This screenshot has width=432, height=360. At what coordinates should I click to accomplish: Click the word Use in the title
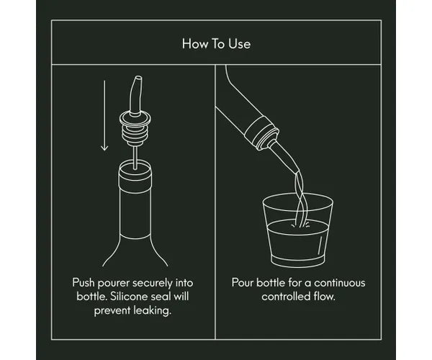[240, 44]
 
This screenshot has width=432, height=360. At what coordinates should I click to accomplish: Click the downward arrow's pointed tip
[104, 150]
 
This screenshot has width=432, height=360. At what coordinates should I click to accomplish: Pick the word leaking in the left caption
[153, 311]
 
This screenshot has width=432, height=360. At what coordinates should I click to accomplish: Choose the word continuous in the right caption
[339, 283]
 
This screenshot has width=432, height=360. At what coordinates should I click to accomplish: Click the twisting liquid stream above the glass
[300, 198]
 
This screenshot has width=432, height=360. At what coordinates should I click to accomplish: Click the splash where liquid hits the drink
[300, 225]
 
